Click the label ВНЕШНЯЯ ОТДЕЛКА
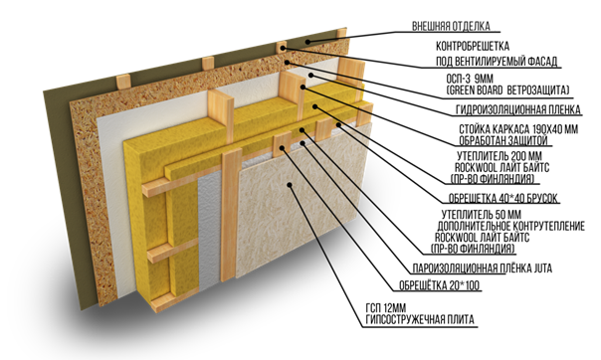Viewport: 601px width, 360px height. click(x=451, y=26)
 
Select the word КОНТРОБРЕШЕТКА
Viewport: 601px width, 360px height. click(x=473, y=46)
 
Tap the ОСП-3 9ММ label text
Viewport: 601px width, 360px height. click(x=470, y=80)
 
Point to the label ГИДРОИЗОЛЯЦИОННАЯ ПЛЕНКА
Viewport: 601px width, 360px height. click(x=518, y=110)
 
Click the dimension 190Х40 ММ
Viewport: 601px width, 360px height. click(x=555, y=129)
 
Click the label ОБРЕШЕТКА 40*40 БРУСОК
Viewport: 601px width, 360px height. click(x=503, y=198)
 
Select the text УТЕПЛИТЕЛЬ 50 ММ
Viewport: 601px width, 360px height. click(x=481, y=215)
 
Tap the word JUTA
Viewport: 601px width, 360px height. click(x=543, y=269)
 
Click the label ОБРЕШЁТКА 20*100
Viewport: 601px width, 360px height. click(x=439, y=285)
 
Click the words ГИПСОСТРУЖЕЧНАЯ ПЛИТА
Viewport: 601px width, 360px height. click(x=420, y=319)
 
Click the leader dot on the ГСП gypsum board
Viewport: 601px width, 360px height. click(x=290, y=185)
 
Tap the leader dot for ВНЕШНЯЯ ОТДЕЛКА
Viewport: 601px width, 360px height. click(x=307, y=42)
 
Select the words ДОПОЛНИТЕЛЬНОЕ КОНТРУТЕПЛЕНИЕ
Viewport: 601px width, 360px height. click(x=510, y=226)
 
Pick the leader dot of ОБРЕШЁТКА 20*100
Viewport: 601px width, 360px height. click(x=283, y=147)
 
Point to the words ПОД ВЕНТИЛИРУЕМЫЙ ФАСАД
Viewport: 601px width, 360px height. click(x=497, y=62)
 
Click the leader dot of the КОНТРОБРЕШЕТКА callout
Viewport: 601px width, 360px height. click(x=283, y=49)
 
